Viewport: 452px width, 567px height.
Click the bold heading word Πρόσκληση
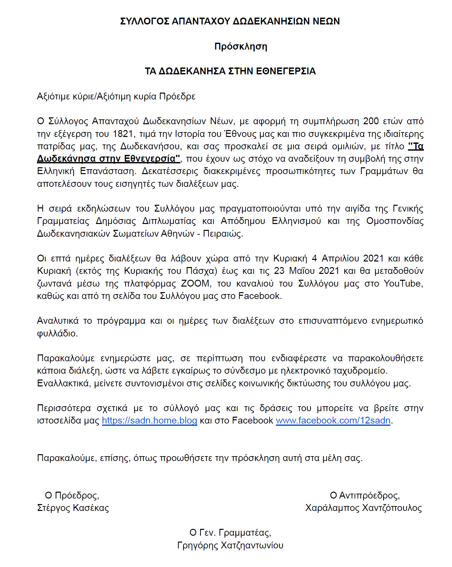[x=241, y=47]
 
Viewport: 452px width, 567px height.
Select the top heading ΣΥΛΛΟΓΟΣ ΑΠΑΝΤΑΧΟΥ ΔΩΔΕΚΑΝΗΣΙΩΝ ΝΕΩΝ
[x=230, y=22]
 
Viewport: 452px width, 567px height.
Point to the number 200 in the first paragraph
[x=371, y=121]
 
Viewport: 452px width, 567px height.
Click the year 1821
[x=123, y=134]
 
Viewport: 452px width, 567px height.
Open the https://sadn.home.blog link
[x=149, y=421]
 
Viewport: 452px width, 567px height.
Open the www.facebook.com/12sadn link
[x=333, y=421]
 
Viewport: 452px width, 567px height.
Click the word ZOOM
[x=195, y=284]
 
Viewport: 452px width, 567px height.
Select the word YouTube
[x=403, y=284]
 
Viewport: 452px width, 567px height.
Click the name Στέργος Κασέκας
[x=73, y=508]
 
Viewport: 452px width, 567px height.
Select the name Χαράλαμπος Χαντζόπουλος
[x=364, y=508]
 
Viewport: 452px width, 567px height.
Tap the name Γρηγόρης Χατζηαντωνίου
[x=230, y=545]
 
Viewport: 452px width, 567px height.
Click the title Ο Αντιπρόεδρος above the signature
[x=365, y=496]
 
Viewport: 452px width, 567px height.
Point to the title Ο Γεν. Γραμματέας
[x=230, y=533]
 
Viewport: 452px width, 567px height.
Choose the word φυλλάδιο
[x=57, y=334]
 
